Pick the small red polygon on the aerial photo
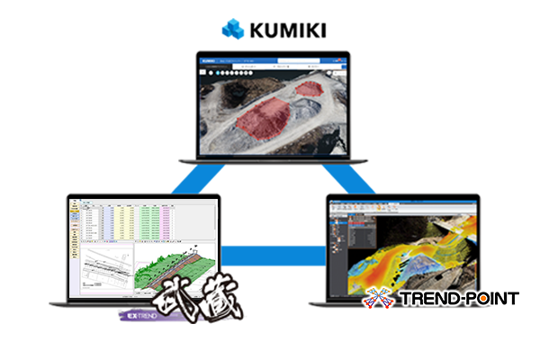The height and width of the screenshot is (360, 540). [x=310, y=89]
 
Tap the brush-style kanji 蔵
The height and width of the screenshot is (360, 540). [x=217, y=301]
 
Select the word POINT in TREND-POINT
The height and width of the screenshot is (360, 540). [x=490, y=299]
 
